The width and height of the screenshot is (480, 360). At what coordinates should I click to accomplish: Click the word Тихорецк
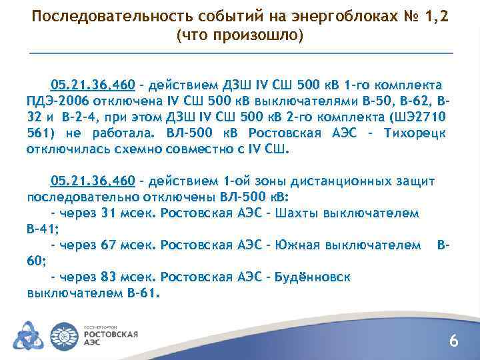tap(418, 133)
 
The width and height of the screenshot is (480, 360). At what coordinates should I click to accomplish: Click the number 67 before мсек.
tap(108, 245)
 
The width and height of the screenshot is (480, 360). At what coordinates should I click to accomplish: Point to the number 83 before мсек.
tap(108, 277)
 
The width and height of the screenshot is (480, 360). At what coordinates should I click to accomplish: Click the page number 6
tap(453, 342)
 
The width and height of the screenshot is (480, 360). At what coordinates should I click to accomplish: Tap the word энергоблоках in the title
tap(297, 16)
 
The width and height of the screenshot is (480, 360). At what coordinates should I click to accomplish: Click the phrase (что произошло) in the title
tap(239, 35)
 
